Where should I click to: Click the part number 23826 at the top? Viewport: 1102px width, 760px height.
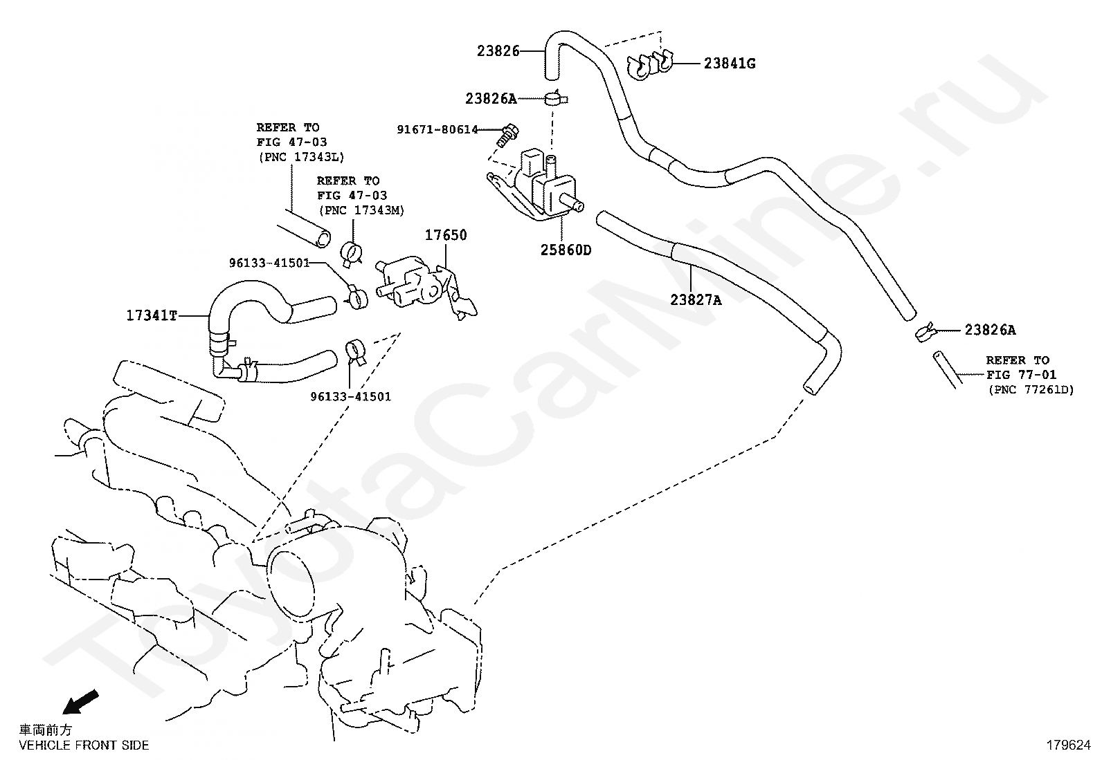tap(497, 50)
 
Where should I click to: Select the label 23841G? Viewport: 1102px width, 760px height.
tap(730, 64)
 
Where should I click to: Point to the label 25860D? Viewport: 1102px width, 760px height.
tap(566, 250)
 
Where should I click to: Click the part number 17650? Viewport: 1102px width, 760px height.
tap(446, 235)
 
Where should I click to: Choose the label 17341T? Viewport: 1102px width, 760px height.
tap(152, 316)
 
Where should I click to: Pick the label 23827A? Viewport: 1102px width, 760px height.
tap(696, 299)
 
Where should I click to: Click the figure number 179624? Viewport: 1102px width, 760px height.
tap(1067, 745)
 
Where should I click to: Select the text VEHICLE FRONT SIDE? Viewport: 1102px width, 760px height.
tap(84, 745)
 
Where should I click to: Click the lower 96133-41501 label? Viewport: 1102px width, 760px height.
tap(350, 397)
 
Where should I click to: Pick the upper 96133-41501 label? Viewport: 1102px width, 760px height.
tap(269, 263)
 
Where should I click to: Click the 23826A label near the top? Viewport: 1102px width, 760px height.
tap(491, 99)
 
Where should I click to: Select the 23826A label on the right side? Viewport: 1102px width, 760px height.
tap(990, 331)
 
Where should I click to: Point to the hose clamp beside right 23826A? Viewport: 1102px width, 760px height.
tap(925, 332)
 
